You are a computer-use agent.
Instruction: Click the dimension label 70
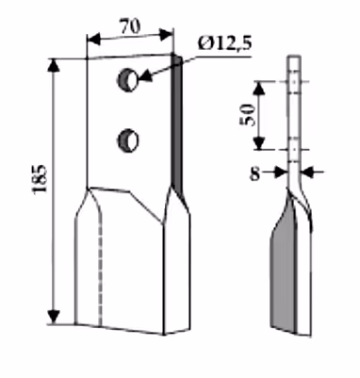[x=130, y=26]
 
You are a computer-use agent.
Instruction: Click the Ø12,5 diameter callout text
[x=224, y=42]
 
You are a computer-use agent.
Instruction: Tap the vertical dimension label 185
[x=40, y=178]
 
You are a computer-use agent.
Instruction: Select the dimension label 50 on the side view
[x=248, y=115]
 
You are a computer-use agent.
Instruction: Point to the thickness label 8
[x=254, y=173]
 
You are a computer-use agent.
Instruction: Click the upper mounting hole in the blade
[x=127, y=80]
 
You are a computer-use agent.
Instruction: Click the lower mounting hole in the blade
[x=128, y=140]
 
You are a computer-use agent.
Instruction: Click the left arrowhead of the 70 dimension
[x=93, y=40]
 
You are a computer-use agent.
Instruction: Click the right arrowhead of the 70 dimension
[x=166, y=34]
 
